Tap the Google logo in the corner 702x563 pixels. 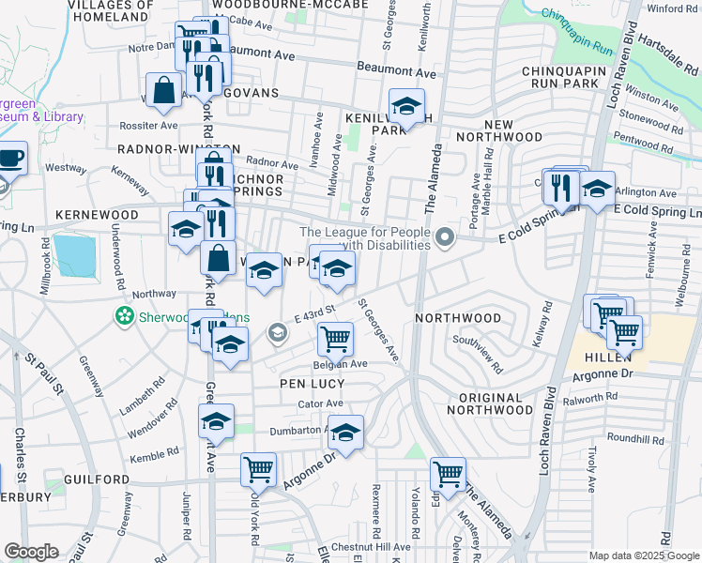[x=31, y=551]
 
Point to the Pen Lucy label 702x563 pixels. [x=306, y=384]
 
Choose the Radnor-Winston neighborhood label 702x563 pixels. [x=179, y=148]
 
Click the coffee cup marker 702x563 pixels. [x=11, y=158]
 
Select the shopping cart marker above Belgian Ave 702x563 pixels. [x=335, y=338]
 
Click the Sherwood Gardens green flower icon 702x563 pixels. [x=123, y=317]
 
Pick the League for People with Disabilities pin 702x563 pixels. [x=446, y=239]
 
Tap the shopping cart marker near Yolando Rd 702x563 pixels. [x=448, y=473]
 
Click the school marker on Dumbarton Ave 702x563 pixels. [x=345, y=434]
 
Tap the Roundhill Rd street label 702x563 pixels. [x=634, y=437]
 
